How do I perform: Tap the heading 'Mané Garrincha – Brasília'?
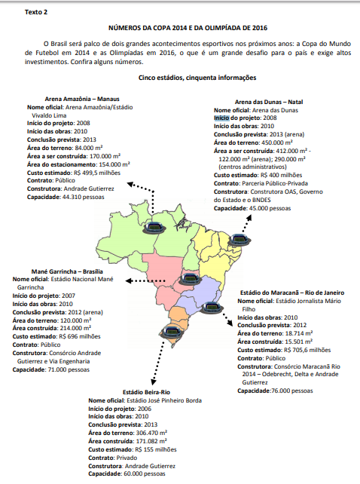[x=57, y=271]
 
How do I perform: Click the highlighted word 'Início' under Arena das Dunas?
[x=221, y=118]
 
